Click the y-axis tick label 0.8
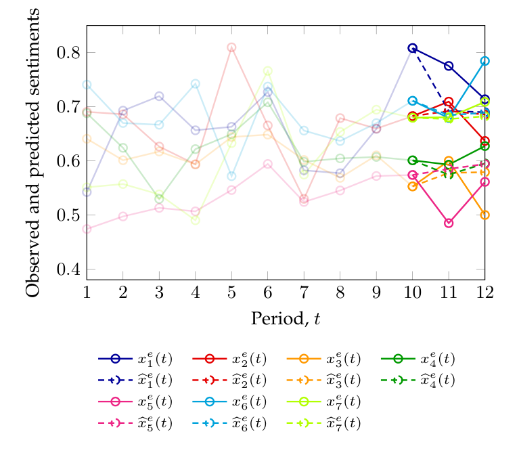(69, 53)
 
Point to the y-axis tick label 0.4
(69, 269)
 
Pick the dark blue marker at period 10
(412, 48)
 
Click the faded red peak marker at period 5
(231, 47)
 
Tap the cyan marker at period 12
(484, 61)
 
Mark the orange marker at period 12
(484, 215)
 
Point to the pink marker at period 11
(448, 223)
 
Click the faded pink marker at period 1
(87, 229)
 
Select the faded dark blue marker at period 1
(87, 192)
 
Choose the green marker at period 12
(484, 146)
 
